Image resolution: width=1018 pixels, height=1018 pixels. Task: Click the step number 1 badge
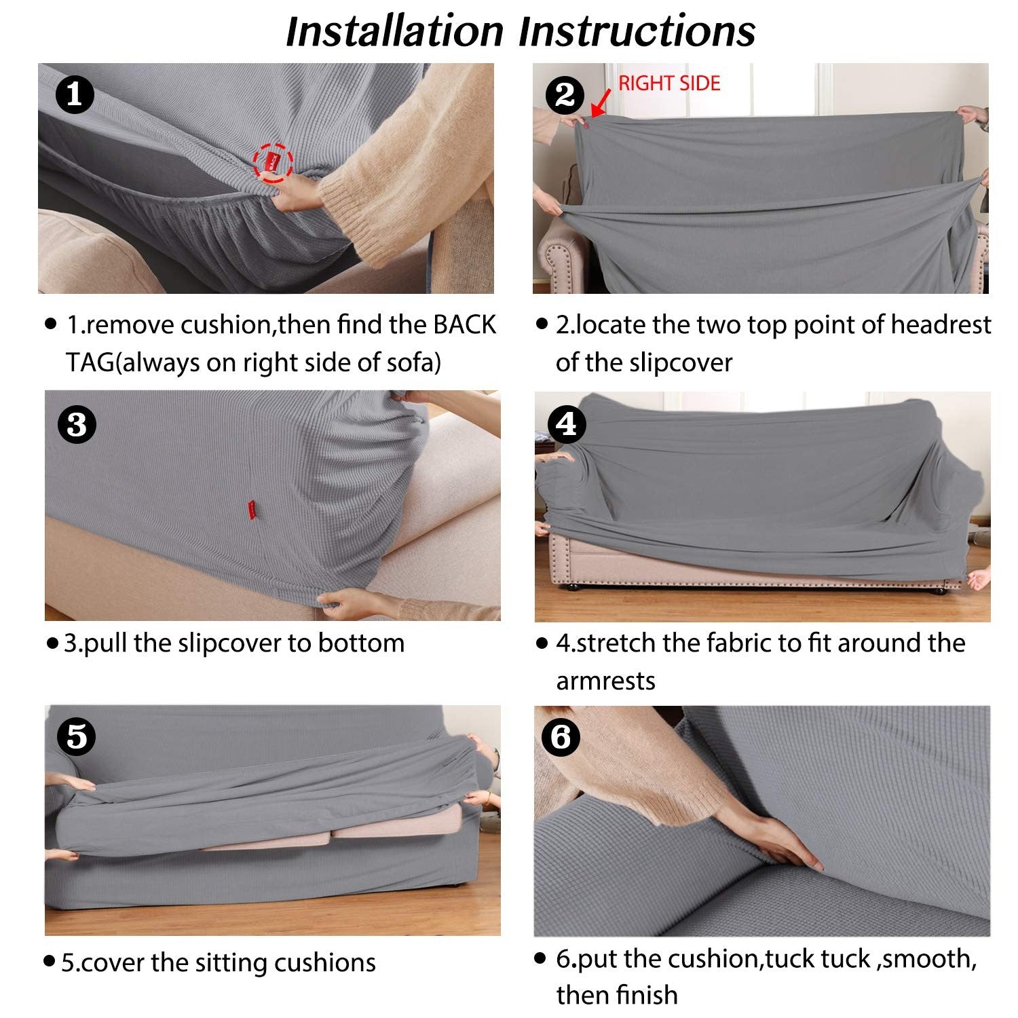click(73, 94)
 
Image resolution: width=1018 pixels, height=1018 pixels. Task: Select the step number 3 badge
click(77, 424)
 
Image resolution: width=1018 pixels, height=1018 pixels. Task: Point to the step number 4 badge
click(567, 424)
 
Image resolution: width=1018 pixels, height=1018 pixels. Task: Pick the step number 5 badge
click(77, 736)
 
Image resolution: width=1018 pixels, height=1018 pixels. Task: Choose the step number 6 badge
click(561, 736)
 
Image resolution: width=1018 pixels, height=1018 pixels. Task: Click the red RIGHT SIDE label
click(669, 83)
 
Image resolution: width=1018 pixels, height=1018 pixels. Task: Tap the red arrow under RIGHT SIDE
click(601, 105)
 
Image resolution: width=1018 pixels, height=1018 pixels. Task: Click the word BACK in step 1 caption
click(465, 325)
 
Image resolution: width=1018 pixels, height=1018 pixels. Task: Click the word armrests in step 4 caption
click(605, 681)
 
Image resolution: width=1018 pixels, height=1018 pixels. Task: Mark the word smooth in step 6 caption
click(930, 959)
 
